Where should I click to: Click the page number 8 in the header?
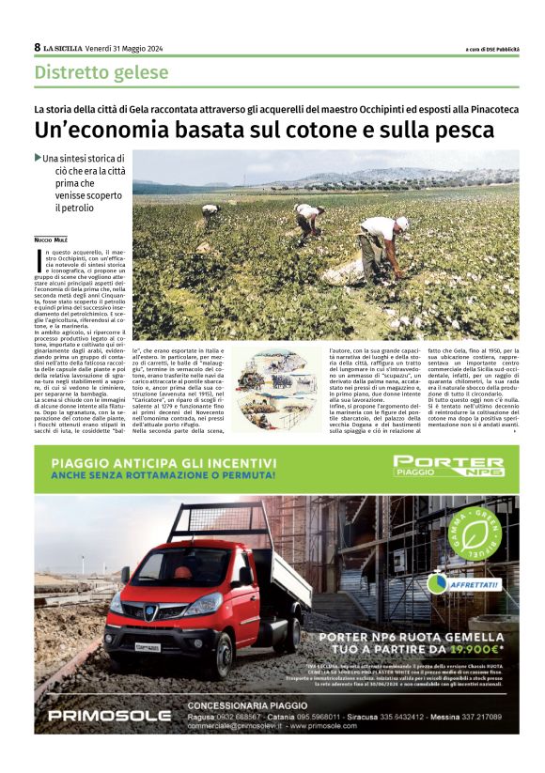click(x=38, y=47)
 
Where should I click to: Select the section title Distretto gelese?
click(x=101, y=72)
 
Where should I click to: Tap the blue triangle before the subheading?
click(x=38, y=158)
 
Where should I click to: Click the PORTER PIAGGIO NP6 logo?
click(x=448, y=467)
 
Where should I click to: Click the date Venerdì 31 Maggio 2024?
click(x=127, y=48)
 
